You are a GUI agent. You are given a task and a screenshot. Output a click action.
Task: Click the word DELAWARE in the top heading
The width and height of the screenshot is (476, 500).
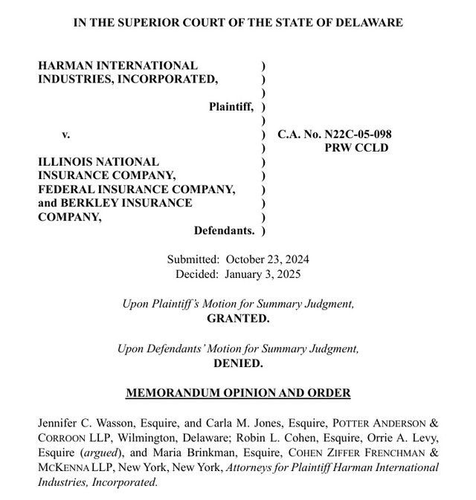368,22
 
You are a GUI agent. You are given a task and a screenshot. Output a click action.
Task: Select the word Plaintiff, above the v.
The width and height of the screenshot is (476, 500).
231,107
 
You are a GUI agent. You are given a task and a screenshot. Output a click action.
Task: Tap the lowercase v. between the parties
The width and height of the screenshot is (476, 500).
65,134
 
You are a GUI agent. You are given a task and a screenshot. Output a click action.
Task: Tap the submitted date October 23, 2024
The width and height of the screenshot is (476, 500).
267,260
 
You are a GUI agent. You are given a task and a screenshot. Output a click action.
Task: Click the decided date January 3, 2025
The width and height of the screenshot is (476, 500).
263,274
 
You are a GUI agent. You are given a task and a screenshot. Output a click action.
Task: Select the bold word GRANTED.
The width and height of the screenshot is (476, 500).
238,317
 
